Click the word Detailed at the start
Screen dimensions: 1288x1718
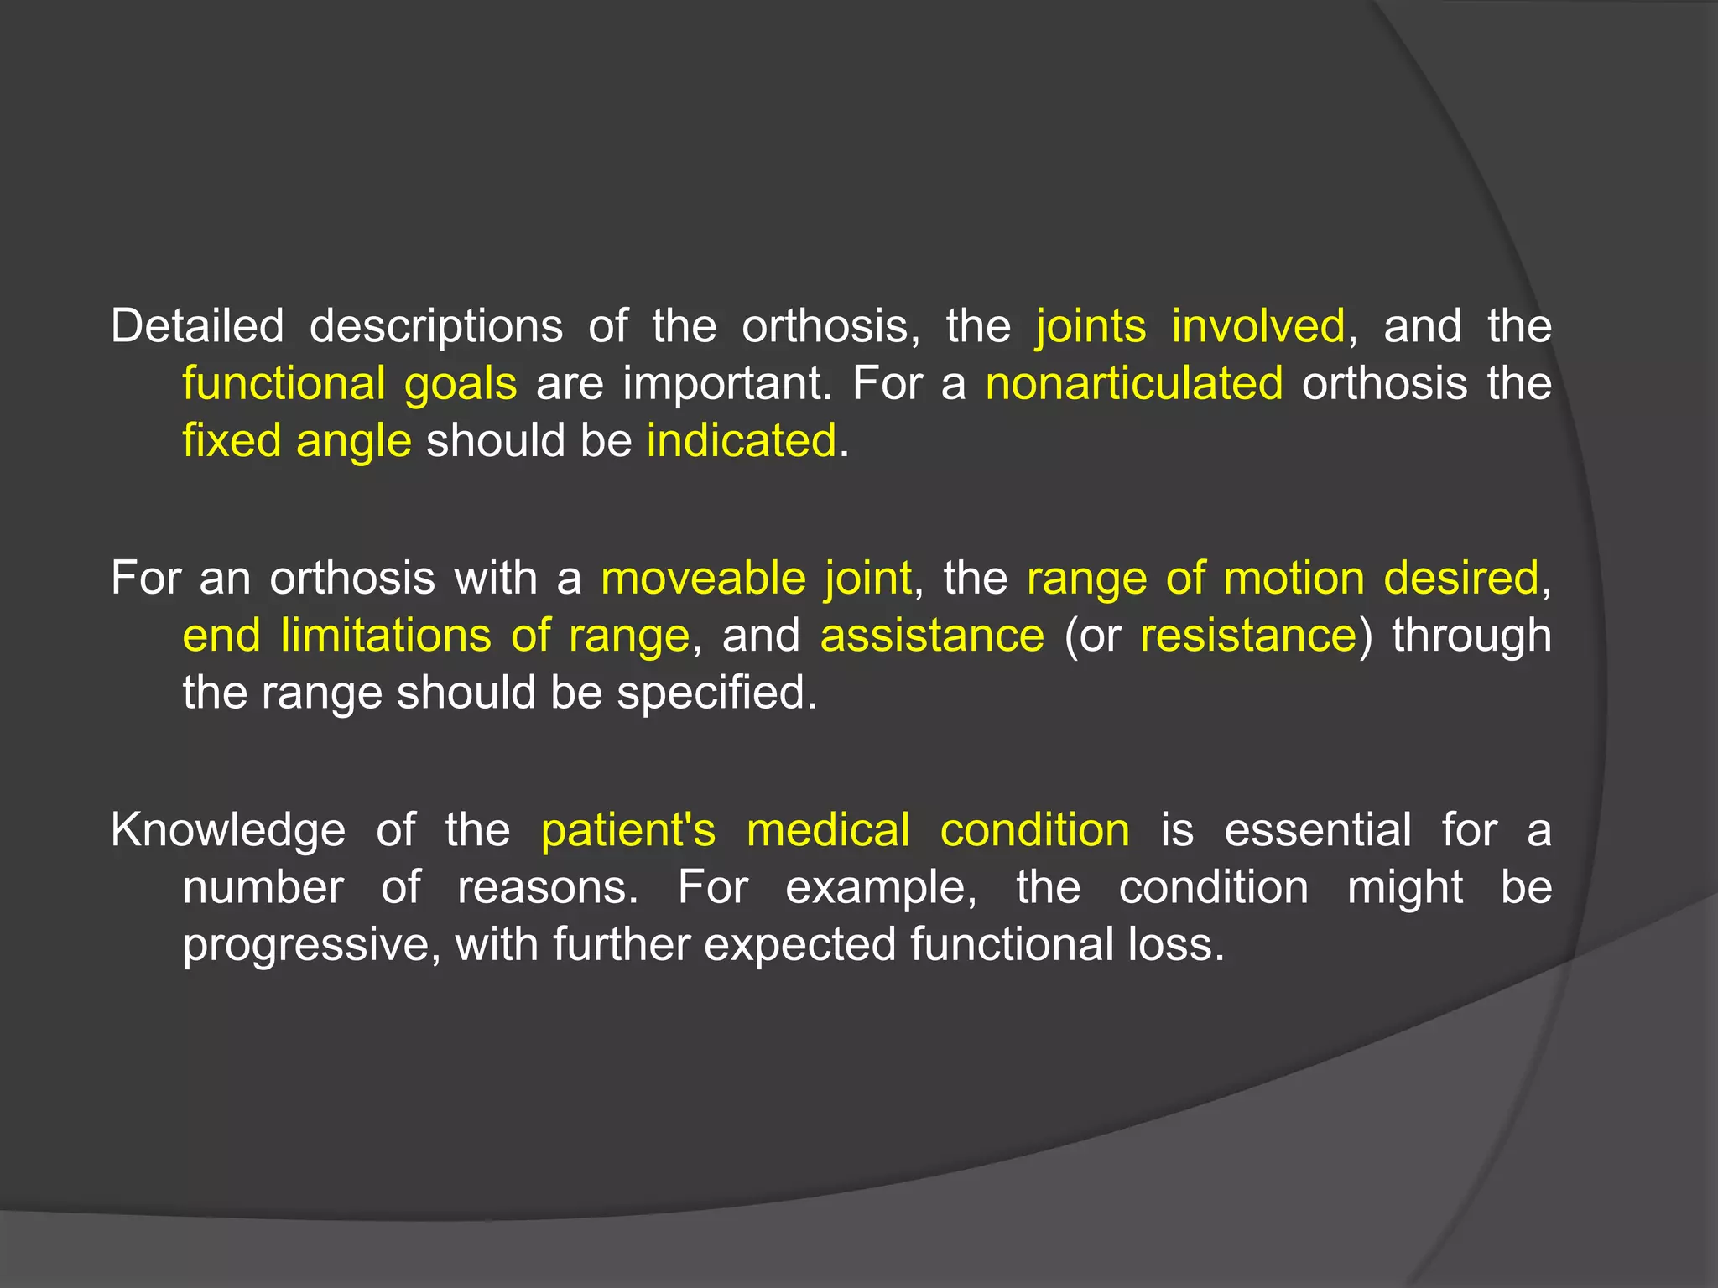[197, 325]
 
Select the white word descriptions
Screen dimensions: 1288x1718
[435, 327]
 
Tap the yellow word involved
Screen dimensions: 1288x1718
[1257, 325]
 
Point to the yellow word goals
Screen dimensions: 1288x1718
[461, 384]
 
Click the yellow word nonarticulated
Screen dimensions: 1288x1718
[1133, 383]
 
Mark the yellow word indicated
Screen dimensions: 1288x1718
[742, 440]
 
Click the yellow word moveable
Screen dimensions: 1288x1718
[703, 578]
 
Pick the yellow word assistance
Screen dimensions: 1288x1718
[932, 635]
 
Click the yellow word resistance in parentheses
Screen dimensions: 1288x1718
[1248, 635]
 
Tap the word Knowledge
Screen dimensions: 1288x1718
[228, 831]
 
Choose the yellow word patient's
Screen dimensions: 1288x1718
[628, 830]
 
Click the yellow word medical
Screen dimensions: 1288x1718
[828, 830]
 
